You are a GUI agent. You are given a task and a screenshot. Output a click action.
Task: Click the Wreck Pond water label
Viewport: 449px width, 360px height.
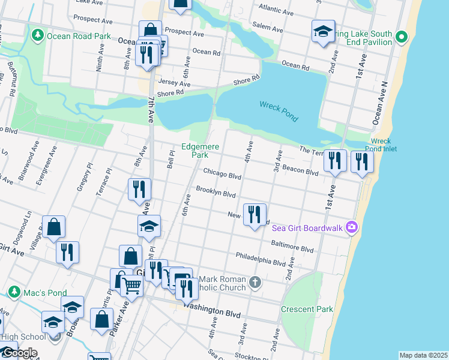click(279, 112)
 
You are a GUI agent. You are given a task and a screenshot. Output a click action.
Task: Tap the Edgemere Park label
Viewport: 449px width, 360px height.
click(200, 151)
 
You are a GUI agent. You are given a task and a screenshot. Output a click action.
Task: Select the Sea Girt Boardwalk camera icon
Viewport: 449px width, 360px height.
click(352, 227)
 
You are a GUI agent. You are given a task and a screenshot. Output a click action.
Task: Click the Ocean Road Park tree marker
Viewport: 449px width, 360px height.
click(38, 36)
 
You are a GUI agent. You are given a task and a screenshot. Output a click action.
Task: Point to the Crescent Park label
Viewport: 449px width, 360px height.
click(307, 309)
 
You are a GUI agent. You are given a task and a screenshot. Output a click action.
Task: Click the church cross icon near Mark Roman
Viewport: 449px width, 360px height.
click(255, 282)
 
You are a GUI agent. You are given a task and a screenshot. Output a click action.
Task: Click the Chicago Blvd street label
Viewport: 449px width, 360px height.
click(221, 174)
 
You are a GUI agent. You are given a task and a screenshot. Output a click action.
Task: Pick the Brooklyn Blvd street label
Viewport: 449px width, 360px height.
click(215, 193)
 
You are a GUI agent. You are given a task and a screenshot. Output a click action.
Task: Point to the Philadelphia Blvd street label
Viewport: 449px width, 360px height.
click(261, 260)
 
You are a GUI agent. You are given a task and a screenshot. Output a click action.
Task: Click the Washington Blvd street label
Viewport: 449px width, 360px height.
click(211, 312)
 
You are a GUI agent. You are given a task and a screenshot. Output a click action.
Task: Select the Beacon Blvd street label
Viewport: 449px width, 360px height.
click(300, 172)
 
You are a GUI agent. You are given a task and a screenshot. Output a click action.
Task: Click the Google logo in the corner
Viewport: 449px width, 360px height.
click(19, 353)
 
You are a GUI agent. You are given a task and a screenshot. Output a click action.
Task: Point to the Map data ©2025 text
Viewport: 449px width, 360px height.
click(423, 355)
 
